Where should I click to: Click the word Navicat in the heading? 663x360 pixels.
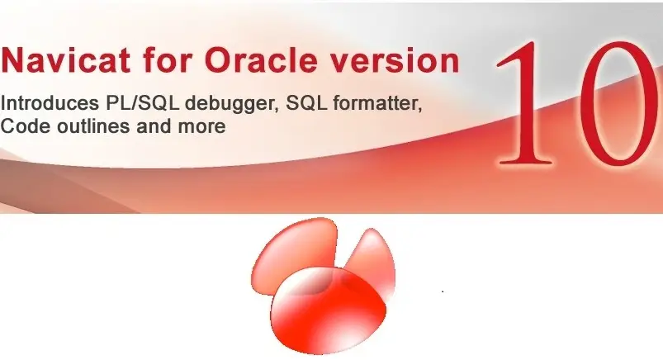click(65, 60)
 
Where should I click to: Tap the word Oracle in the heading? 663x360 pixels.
click(261, 60)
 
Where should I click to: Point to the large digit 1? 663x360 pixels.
click(525, 102)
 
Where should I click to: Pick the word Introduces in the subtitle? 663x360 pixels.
click(49, 102)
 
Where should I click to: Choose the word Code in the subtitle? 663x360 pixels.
click(26, 126)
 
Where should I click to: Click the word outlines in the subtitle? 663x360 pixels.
click(93, 126)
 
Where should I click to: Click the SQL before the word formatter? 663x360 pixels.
click(306, 103)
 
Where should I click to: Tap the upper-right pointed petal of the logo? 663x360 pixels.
click(372, 258)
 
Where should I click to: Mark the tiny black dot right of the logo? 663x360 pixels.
click(443, 291)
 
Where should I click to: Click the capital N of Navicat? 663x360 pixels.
click(13, 60)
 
